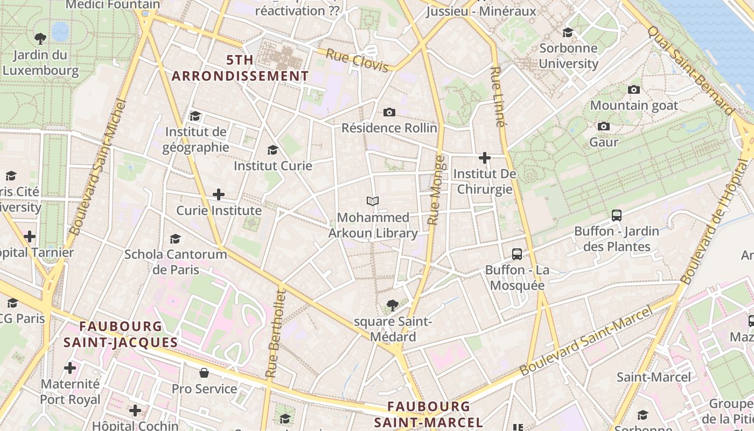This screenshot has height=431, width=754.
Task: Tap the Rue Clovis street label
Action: click(x=357, y=60)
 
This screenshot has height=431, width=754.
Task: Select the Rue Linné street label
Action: click(x=498, y=97)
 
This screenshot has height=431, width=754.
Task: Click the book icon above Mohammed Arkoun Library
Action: click(x=373, y=201)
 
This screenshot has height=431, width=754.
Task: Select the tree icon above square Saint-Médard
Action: click(x=393, y=305)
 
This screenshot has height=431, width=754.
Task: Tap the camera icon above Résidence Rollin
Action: click(x=389, y=112)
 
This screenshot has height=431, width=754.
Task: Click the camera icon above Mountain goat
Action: click(x=634, y=89)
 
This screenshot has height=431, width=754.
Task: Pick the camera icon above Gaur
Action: click(x=604, y=126)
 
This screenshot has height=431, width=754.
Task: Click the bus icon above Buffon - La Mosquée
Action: click(x=517, y=254)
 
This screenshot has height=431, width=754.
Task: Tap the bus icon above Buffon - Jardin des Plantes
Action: click(x=617, y=215)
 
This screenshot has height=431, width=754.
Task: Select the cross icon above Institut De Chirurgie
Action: click(x=485, y=158)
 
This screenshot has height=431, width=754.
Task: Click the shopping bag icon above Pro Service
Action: click(x=204, y=373)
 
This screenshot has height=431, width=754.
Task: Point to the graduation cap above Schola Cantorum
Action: click(x=175, y=239)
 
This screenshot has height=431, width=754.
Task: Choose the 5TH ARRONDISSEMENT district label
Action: click(x=240, y=68)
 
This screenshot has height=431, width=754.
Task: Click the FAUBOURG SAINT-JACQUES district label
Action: click(x=121, y=334)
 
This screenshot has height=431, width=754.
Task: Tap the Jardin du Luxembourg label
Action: click(x=40, y=62)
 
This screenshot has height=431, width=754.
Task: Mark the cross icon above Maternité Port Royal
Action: click(x=70, y=369)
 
